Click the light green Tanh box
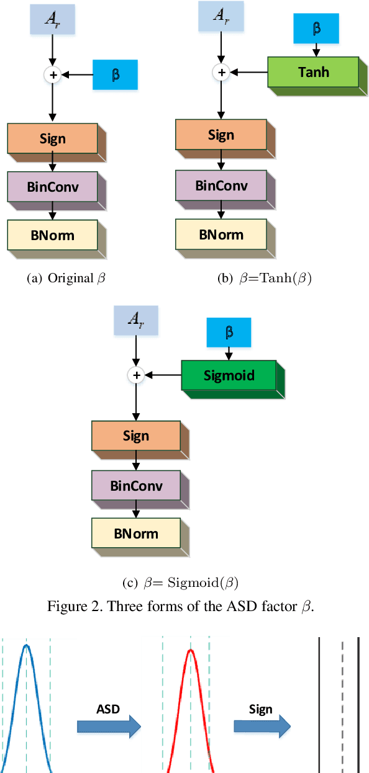tap(313, 72)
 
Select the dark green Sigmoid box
tap(228, 375)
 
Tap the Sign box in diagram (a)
tap(52, 138)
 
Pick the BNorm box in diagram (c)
tap(136, 534)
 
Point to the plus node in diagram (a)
tap(53, 75)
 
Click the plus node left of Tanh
tap(221, 72)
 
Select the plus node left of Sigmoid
tap(136, 375)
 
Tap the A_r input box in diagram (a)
tap(53, 20)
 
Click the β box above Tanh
tap(316, 29)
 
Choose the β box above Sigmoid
tap(229, 332)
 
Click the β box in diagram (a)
tap(115, 75)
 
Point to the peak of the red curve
tap(191, 650)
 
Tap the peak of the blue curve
tap(26, 645)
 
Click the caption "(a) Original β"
tap(66, 278)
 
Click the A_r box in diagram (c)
tap(136, 320)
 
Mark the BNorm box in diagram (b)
tap(221, 235)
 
